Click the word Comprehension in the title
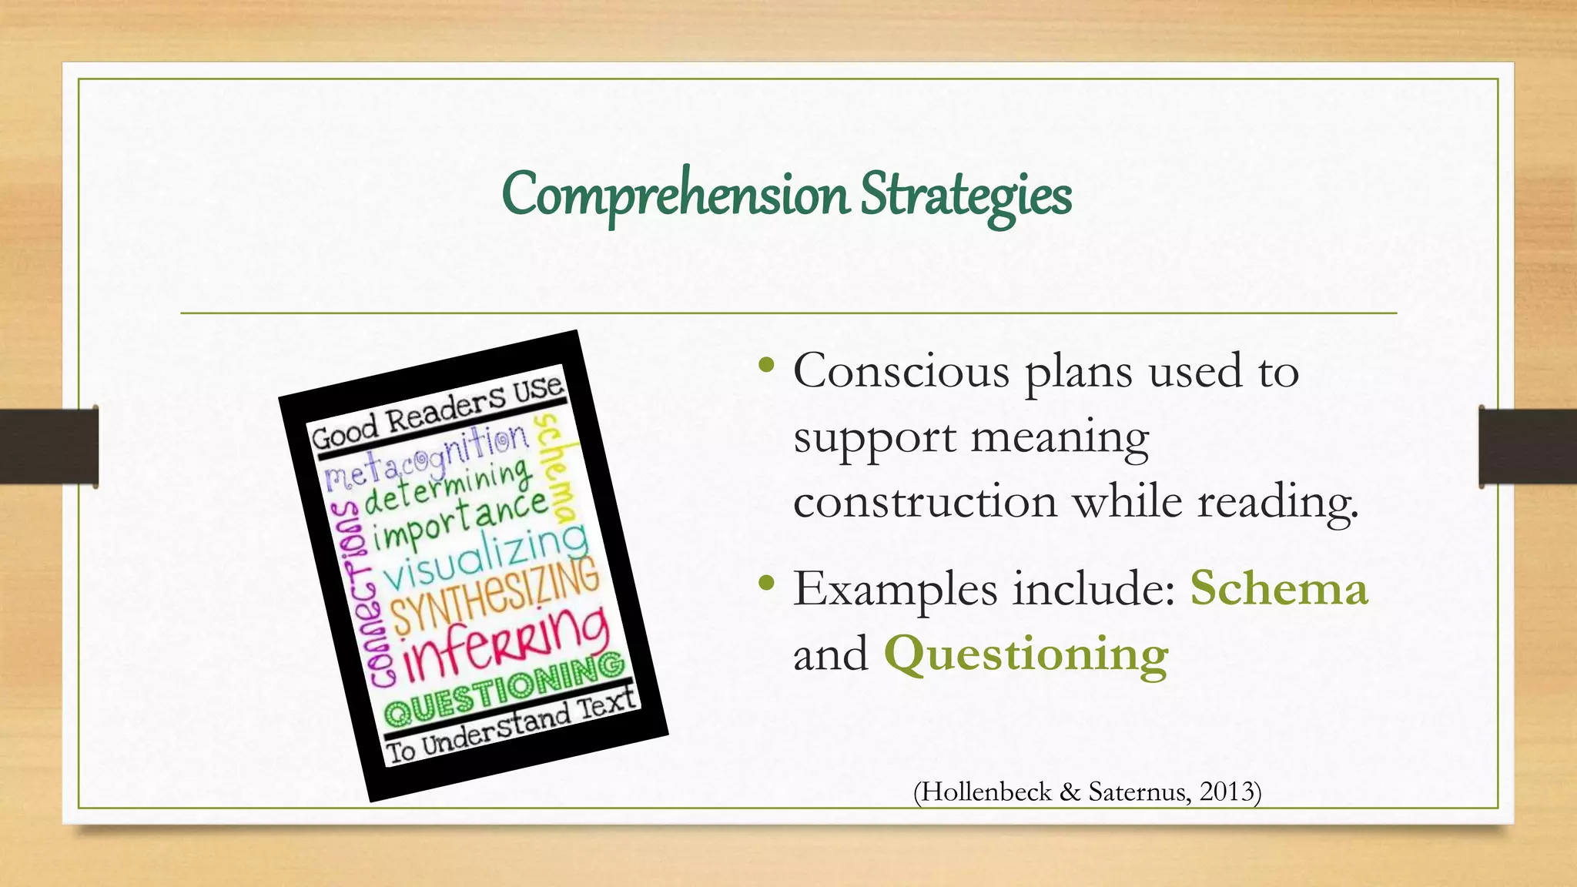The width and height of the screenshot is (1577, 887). pyautogui.click(x=675, y=194)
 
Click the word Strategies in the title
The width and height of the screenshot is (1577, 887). pyautogui.click(x=966, y=194)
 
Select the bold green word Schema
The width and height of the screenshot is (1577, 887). pyautogui.click(x=1279, y=589)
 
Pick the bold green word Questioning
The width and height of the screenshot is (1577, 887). pyautogui.click(x=1026, y=654)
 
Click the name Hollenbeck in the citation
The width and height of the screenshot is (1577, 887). pyautogui.click(x=986, y=792)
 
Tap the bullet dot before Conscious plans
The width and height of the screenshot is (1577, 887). pyautogui.click(x=765, y=365)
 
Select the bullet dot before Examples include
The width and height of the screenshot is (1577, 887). pyautogui.click(x=765, y=583)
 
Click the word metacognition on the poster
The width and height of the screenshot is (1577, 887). pyautogui.click(x=427, y=459)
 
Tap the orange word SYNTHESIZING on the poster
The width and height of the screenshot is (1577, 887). pyautogui.click(x=496, y=594)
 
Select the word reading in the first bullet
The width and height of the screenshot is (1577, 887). pyautogui.click(x=1277, y=502)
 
